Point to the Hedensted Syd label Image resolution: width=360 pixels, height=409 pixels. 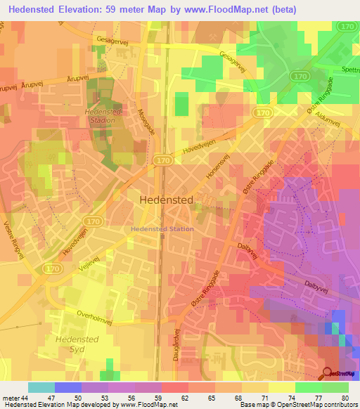62,344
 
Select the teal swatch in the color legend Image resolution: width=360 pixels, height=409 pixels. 41,387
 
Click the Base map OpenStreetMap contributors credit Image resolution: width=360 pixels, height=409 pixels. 298,405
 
